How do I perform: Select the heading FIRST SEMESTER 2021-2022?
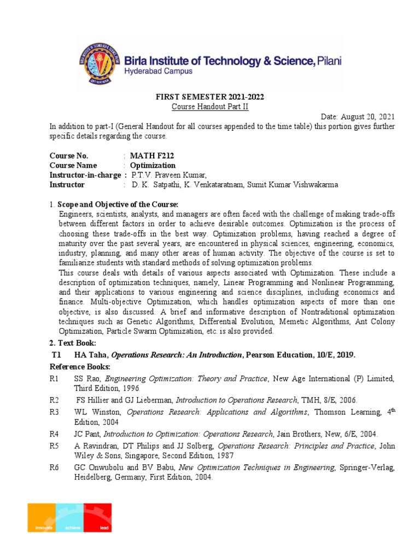click(x=211, y=97)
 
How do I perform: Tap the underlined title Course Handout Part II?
click(x=210, y=107)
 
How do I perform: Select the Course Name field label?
click(x=73, y=165)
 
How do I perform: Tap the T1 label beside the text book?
click(x=55, y=355)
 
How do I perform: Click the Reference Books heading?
click(x=80, y=366)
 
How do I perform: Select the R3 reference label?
click(x=54, y=412)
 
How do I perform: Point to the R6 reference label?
click(x=54, y=467)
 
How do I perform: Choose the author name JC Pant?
click(x=85, y=434)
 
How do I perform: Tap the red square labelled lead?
click(x=97, y=517)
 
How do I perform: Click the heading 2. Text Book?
click(x=73, y=343)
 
